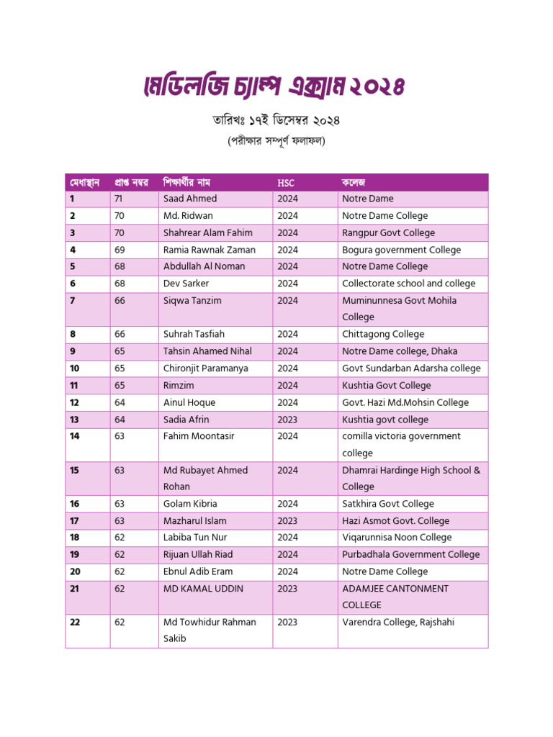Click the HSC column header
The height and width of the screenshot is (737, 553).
coord(286,183)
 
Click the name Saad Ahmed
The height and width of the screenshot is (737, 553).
coord(190,199)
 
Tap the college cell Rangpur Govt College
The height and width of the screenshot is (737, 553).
coord(388,232)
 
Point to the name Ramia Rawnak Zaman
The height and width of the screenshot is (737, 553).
coord(209,250)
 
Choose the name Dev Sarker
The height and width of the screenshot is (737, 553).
coord(186,284)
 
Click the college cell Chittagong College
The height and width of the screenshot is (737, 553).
coord(383,334)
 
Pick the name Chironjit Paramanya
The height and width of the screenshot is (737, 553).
coord(205,368)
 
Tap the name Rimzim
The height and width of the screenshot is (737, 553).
coord(179,385)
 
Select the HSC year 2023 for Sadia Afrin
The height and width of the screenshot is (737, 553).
coord(287,420)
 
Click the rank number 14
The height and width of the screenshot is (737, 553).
coord(75,436)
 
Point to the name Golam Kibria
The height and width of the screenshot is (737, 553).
coord(190,504)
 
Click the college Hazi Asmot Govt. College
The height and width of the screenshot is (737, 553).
coord(395,521)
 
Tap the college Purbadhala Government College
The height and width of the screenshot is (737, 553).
coord(410,555)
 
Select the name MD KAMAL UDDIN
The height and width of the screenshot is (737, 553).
coord(203,589)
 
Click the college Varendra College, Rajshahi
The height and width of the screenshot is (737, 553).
coord(398,623)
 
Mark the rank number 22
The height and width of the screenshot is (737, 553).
coord(75,623)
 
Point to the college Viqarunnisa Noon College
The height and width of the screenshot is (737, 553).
coord(397,538)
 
